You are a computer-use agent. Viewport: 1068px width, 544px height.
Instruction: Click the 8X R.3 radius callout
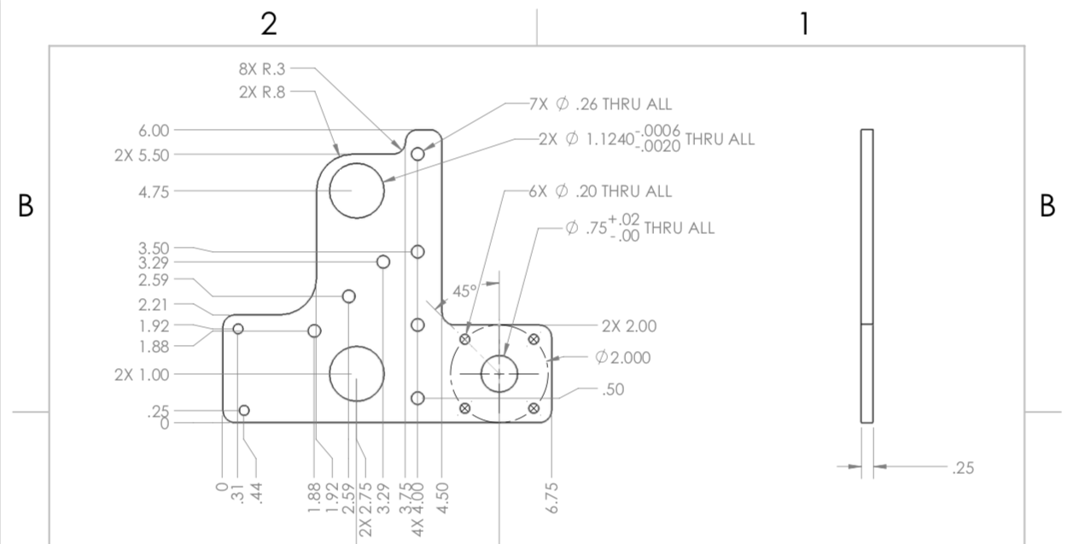point(262,69)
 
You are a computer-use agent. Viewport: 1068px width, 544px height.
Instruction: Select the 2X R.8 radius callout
point(262,92)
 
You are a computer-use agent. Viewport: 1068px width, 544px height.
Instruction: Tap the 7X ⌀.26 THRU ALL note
point(600,104)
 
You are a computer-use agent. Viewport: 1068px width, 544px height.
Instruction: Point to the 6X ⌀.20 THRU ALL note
point(600,191)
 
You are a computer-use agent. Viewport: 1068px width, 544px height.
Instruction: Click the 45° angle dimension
point(464,290)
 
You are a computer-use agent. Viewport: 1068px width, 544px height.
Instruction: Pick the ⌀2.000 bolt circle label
point(622,357)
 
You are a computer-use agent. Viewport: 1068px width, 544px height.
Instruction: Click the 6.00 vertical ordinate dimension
point(154,130)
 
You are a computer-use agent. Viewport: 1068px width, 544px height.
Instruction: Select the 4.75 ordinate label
point(154,191)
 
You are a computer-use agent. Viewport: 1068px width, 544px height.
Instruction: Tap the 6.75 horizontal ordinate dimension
point(552,498)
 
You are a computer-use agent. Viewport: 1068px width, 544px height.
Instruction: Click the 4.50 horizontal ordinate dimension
point(442,498)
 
